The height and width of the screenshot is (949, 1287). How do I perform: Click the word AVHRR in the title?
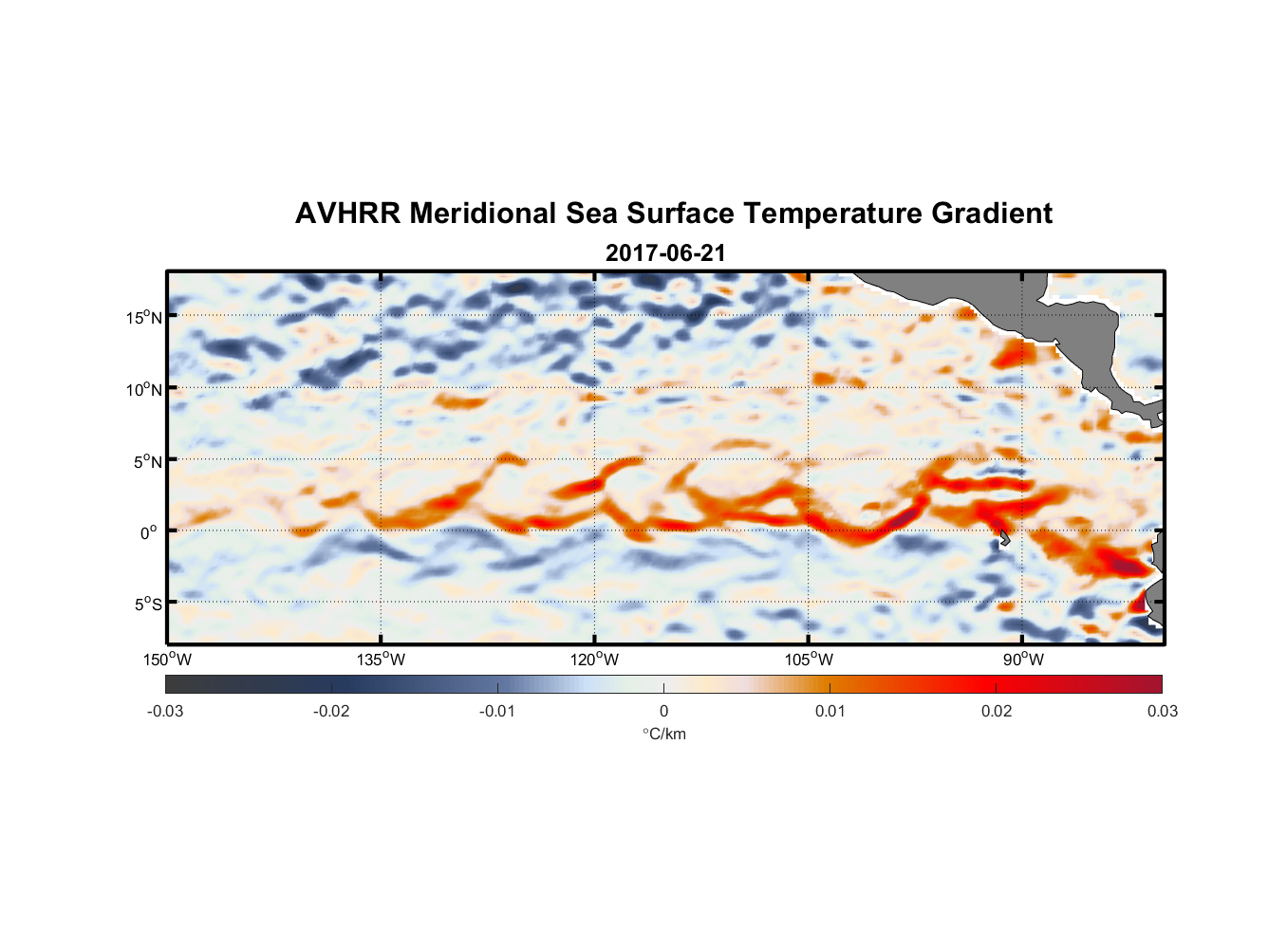point(346,214)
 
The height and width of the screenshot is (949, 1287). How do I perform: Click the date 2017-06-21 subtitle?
point(665,253)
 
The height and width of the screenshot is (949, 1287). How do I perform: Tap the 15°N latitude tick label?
point(144,317)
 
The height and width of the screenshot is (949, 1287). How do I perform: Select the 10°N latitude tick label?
point(144,389)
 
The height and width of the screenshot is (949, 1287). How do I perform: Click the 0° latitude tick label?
point(149,532)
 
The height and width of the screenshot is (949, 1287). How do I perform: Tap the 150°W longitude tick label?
point(167,660)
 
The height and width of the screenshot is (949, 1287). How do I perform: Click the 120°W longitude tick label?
point(595,660)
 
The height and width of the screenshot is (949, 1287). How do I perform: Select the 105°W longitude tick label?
point(809,660)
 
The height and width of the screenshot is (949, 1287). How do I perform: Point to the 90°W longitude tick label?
point(1023,660)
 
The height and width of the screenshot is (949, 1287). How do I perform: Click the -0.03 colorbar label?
point(165,711)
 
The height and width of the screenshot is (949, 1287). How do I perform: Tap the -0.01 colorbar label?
point(497,711)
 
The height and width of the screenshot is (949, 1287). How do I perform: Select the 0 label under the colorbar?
point(663,711)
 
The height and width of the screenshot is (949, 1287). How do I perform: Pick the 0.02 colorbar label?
point(997,711)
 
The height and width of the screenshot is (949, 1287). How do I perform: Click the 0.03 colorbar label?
point(1162,711)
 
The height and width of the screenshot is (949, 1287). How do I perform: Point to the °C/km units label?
point(664,734)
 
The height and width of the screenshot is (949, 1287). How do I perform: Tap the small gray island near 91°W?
point(1004,538)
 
